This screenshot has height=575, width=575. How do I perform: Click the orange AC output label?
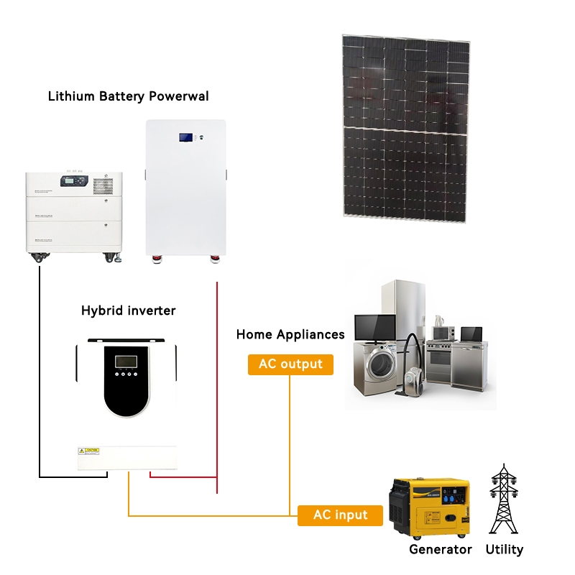tap(291, 364)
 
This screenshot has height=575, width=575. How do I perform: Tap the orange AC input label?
tap(340, 515)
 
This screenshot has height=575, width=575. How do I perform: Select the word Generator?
tap(440, 550)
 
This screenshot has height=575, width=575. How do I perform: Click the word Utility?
tap(504, 550)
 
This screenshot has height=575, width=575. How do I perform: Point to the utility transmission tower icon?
tap(503, 500)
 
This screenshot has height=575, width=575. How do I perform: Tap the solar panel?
tap(407, 126)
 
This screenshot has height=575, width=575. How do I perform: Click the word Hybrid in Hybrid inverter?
tap(97, 310)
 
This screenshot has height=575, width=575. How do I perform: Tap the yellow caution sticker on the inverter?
tap(88, 451)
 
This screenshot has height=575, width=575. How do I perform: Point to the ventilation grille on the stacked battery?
tap(103, 184)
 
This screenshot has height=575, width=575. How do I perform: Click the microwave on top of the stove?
tap(443, 333)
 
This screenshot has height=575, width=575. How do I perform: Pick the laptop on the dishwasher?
tap(471, 335)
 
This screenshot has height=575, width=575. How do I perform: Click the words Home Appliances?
tap(290, 334)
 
